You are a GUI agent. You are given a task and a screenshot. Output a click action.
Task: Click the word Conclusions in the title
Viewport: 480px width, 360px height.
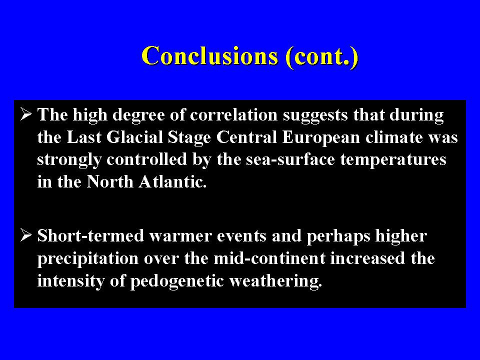point(210,55)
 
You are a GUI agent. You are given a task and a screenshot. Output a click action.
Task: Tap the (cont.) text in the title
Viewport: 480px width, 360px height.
point(321,56)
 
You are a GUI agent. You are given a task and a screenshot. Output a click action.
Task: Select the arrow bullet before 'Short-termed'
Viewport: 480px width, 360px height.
point(26,235)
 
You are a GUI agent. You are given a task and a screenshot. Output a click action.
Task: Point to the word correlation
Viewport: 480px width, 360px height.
point(233,115)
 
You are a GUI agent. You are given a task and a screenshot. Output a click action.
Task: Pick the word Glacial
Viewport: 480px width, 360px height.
point(135,137)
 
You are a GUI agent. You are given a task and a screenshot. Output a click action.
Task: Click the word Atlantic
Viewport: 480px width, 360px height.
point(172,182)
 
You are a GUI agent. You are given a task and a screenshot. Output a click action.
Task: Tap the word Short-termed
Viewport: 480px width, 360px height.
point(90,235)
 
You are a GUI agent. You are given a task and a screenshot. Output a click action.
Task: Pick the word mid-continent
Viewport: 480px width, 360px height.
point(269,258)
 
